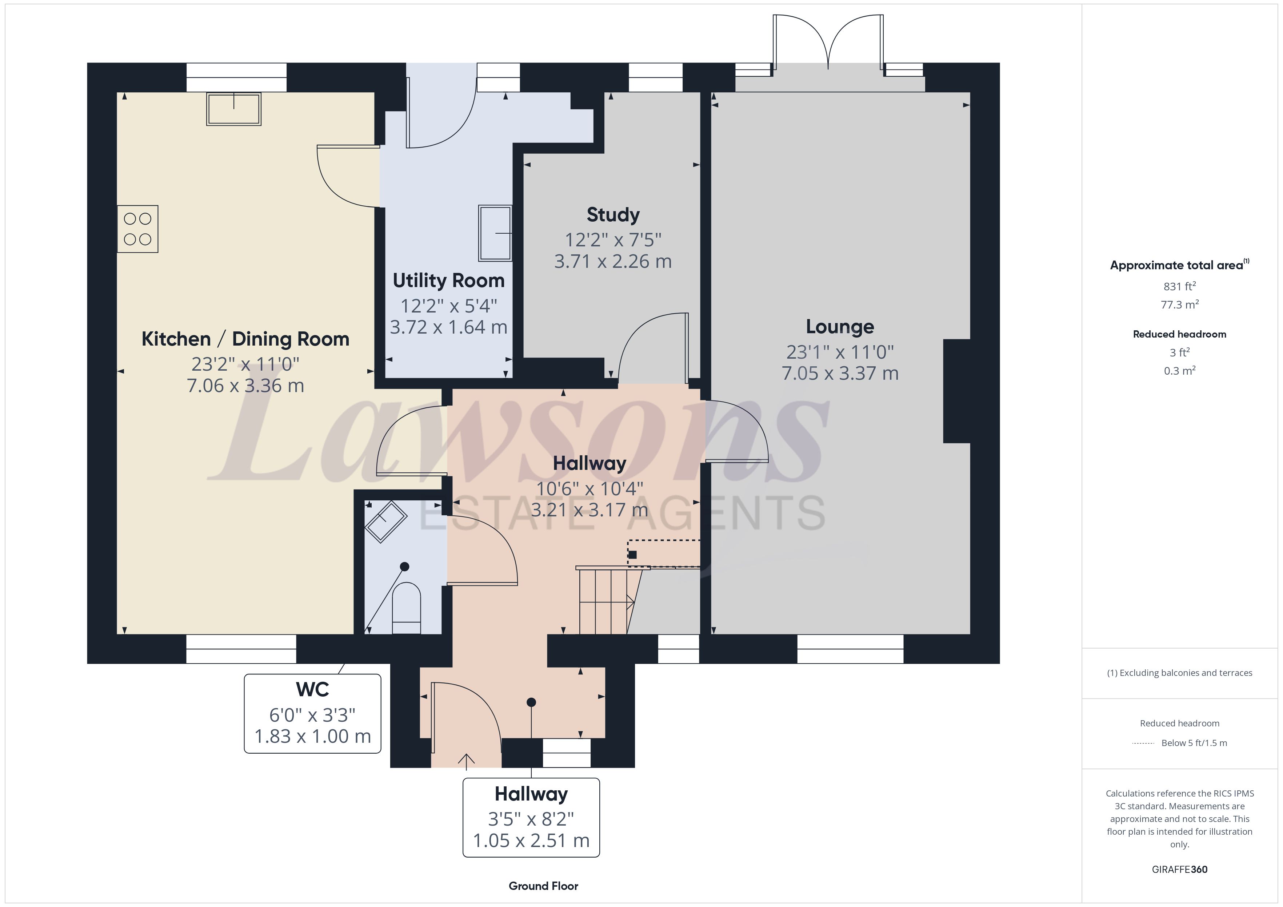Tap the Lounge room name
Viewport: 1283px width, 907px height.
[x=840, y=327]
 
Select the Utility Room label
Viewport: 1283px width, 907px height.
[x=449, y=281]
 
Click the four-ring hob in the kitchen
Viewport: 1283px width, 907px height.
[x=137, y=229]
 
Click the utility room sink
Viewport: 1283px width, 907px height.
[x=495, y=233]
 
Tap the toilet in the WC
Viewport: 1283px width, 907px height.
[x=406, y=608]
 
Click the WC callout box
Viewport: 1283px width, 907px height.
[x=312, y=714]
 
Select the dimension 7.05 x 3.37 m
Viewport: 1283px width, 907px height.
[x=840, y=374]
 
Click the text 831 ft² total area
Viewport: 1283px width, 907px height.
[x=1180, y=286]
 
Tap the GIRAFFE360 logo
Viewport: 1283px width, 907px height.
[x=1180, y=870]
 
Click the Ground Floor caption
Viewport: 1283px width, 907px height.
[x=543, y=886]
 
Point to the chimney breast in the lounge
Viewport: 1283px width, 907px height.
[x=957, y=391]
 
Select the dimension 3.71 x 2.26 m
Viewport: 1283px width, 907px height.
[x=613, y=261]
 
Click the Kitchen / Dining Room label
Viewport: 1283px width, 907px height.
[x=245, y=339]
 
